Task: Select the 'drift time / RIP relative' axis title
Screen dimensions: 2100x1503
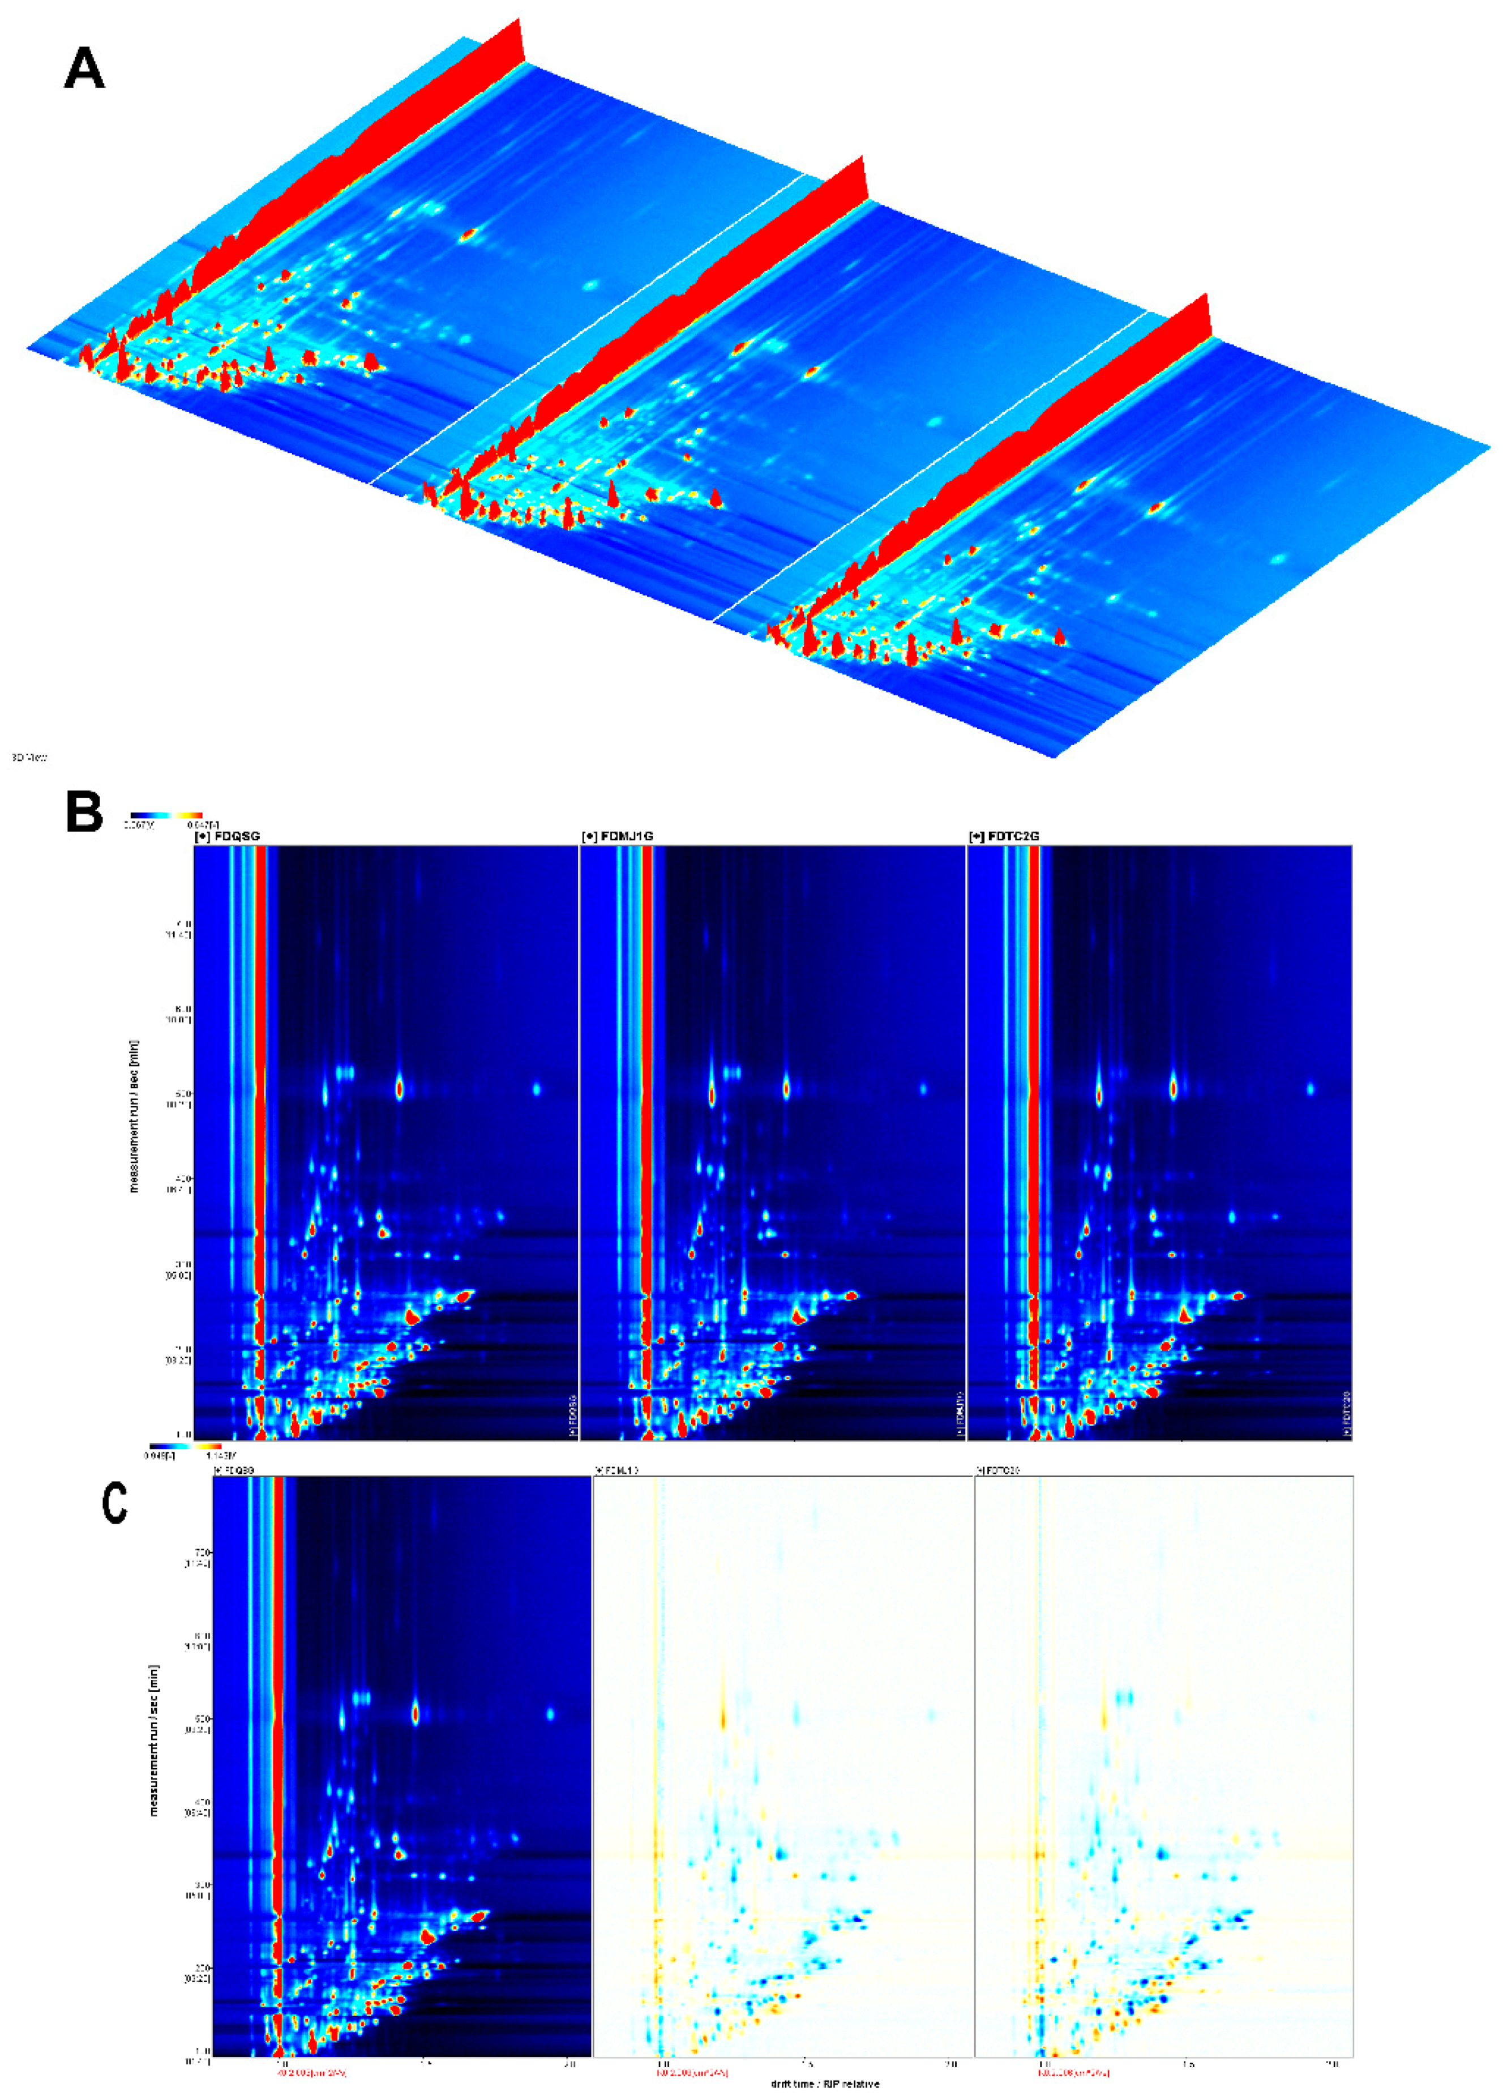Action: [x=825, y=2084]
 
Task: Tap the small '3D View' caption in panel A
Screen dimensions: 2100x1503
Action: [x=29, y=757]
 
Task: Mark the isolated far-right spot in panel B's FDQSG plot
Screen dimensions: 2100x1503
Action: [x=536, y=1088]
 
